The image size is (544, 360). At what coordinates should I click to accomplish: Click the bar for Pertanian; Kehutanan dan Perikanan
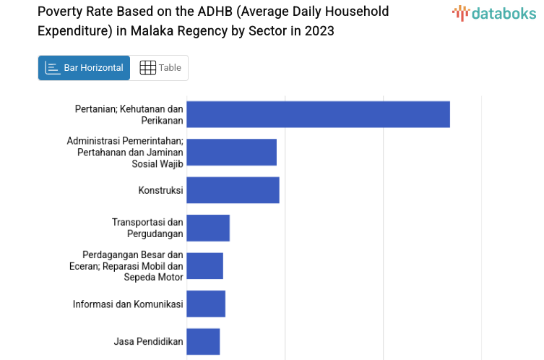click(318, 114)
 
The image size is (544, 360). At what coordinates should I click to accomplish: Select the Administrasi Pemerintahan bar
click(231, 152)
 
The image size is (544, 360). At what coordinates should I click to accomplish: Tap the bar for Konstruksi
click(233, 190)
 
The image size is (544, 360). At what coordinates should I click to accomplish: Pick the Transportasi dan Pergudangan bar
click(208, 228)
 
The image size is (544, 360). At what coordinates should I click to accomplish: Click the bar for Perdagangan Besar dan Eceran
click(204, 265)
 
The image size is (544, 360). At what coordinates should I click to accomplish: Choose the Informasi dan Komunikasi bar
click(206, 304)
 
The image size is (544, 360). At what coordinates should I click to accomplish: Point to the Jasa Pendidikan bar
click(203, 341)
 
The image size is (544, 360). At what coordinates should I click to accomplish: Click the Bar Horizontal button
click(84, 68)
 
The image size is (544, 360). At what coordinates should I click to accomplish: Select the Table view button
click(160, 68)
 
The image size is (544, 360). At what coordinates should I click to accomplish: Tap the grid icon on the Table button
click(147, 68)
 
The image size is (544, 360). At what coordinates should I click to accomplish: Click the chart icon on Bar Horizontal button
click(52, 68)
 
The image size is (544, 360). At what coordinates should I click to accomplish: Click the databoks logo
click(494, 13)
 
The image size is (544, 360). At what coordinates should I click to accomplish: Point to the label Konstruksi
click(160, 190)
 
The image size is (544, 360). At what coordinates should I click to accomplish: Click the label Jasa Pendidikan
click(148, 341)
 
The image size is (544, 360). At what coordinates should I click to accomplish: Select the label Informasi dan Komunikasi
click(128, 304)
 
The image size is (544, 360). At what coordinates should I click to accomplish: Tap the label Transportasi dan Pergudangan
click(147, 228)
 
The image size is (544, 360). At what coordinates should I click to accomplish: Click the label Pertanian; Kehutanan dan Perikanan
click(129, 114)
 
